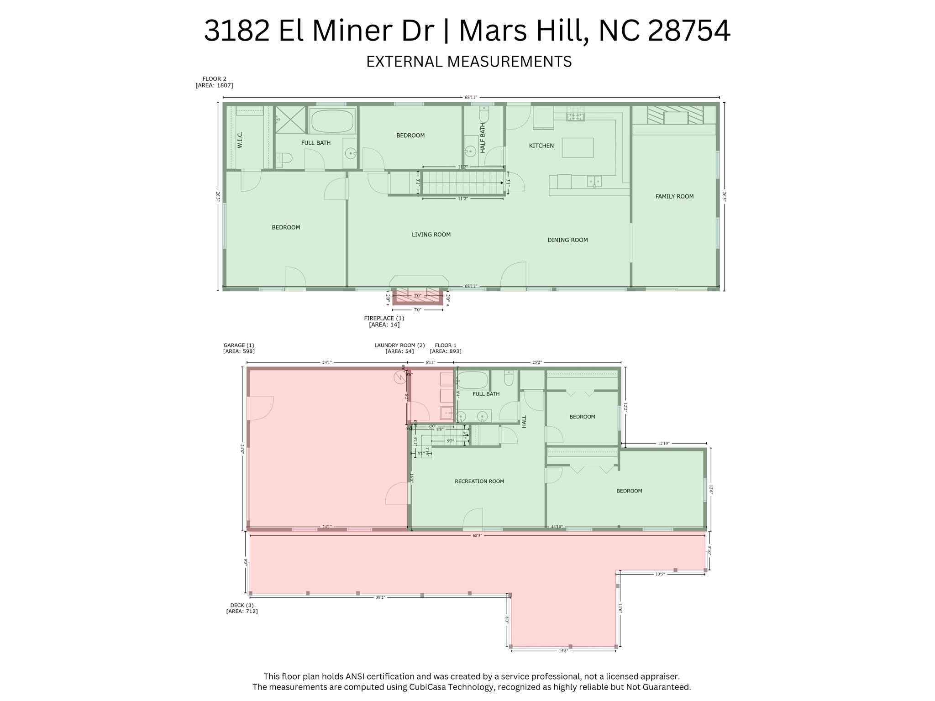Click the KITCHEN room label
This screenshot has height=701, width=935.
coord(541,146)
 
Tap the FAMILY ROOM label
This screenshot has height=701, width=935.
coord(674,196)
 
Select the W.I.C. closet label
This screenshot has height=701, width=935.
coord(240,140)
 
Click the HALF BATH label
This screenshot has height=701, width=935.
coord(483,138)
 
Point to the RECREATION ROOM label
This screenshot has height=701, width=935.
coord(479,481)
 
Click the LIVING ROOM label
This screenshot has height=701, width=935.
coord(431,235)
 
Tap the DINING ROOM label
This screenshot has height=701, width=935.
coord(567,240)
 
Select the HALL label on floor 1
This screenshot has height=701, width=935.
coord(524,421)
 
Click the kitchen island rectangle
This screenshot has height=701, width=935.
coord(577,148)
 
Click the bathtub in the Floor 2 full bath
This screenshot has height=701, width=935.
coord(332,121)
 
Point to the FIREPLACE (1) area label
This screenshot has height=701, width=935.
coord(383,318)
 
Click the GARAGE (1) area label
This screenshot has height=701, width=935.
coord(238,345)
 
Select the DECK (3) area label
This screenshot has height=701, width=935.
coord(242,605)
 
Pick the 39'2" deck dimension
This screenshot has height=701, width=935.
coord(380,597)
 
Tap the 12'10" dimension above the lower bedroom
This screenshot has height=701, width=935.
coord(663,443)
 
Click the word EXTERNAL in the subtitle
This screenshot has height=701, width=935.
coord(403,62)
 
